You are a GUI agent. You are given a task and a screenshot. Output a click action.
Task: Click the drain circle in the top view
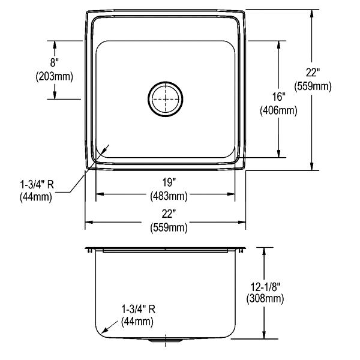166,82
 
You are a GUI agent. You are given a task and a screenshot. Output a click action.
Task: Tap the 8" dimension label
55,62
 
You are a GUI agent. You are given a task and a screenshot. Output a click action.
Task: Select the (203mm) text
55,76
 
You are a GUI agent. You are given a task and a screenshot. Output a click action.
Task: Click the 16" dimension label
279,97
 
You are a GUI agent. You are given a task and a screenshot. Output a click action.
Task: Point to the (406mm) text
278,110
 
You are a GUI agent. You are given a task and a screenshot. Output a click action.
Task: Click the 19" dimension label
169,182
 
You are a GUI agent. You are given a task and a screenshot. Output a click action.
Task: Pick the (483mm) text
169,196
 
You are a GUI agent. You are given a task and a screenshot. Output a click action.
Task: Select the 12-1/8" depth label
265,287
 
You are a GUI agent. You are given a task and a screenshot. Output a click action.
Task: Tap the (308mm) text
265,299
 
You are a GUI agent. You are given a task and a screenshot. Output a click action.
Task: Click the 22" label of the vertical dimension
313,73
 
